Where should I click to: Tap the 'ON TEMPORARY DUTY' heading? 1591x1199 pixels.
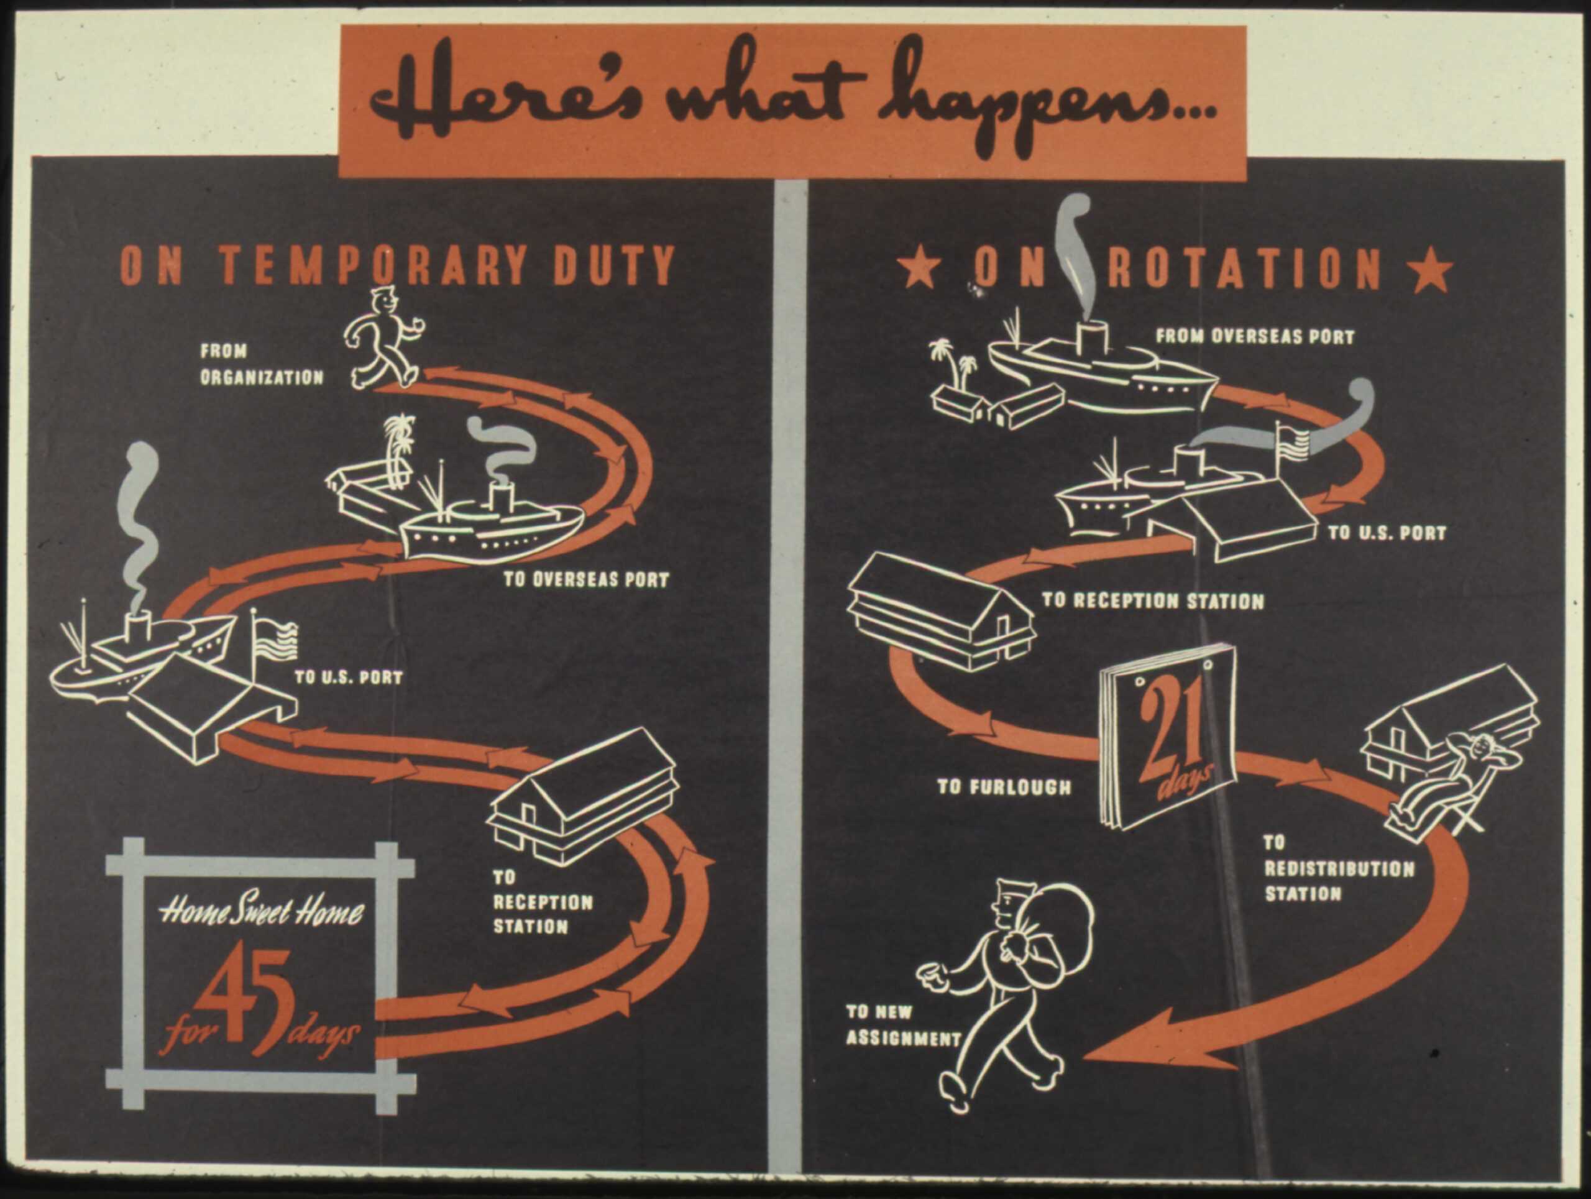coord(397,265)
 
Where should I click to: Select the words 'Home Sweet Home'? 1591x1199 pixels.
coord(262,914)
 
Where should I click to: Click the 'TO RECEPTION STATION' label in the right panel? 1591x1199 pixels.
coord(1153,600)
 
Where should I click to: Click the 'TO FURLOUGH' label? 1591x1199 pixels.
coord(1004,787)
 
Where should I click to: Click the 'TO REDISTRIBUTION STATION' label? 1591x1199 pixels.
coord(1339,868)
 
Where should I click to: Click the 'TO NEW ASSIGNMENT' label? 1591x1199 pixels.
coord(902,1025)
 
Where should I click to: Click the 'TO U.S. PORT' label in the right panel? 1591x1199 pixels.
coord(1387,533)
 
